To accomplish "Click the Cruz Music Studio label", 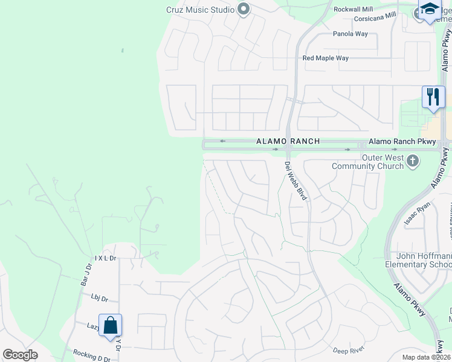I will tap(196, 10).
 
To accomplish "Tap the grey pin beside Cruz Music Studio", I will tap(244, 9).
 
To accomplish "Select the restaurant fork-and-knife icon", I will tap(433, 97).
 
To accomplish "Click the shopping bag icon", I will tap(110, 326).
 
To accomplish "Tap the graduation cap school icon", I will tap(430, 10).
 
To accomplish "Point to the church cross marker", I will tap(413, 160).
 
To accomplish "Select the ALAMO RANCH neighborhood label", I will tap(287, 141).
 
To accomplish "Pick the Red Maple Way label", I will tap(326, 59).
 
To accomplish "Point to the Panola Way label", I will tap(350, 34).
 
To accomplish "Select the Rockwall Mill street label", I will tap(354, 10).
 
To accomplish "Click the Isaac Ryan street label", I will tap(416, 215).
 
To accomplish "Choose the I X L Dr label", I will tap(105, 258).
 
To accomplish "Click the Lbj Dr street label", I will tap(99, 298).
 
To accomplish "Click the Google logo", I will tap(20, 355).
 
